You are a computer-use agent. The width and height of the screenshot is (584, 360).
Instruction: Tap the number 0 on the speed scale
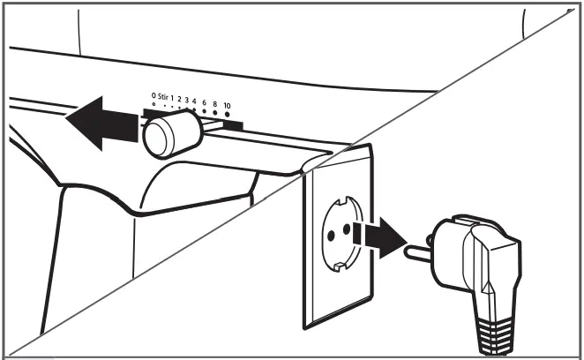coord(153,94)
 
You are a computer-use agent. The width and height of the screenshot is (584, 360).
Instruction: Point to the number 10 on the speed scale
coord(227,105)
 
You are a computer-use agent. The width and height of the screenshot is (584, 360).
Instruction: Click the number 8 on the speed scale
coord(215,104)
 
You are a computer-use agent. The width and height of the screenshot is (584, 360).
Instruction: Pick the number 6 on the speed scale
coord(205,103)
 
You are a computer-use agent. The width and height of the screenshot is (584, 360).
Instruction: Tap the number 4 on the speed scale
coord(194,99)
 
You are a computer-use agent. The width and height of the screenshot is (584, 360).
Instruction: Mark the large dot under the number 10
coord(227,115)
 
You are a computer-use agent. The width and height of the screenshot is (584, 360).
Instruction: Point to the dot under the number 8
coord(215,113)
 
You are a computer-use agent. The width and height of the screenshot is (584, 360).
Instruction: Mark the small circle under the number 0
coord(153,104)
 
